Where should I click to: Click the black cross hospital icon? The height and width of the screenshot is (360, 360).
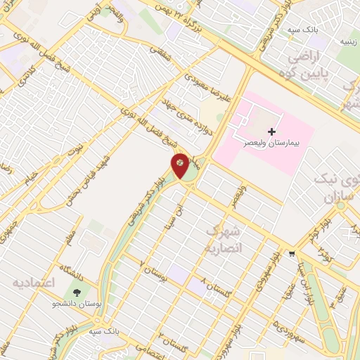coord(271,131)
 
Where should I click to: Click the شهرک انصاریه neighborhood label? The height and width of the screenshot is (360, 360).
coord(223,240)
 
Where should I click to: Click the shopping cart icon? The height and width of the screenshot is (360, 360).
coord(291,255)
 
